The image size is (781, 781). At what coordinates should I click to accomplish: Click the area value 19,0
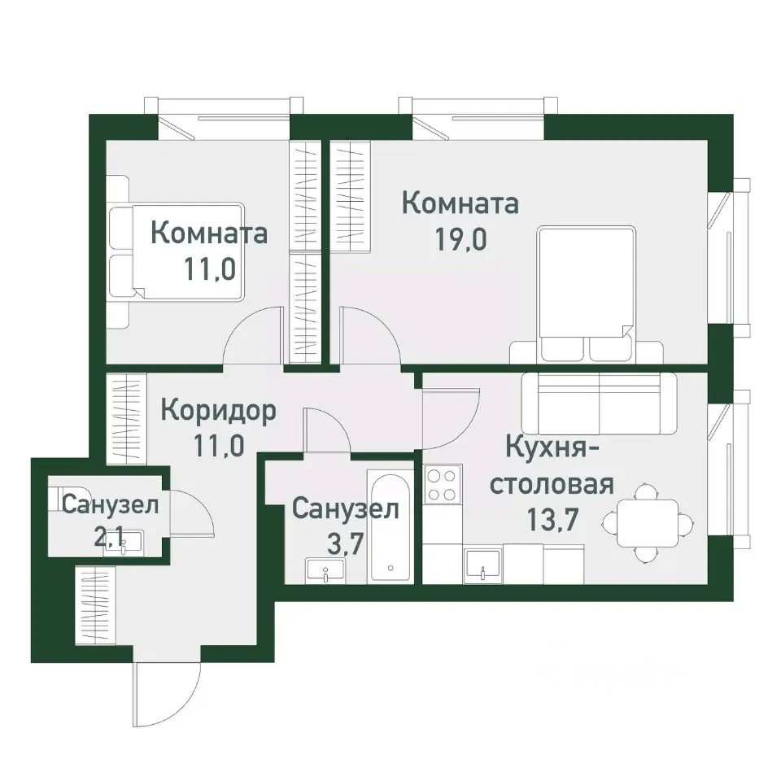coord(461,242)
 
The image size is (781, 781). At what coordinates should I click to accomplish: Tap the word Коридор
coord(218,410)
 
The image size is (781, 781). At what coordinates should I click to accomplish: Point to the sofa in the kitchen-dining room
coord(599,404)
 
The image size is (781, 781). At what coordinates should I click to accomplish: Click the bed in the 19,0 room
coord(586,293)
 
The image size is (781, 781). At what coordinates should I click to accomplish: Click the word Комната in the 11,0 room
coord(209,234)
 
